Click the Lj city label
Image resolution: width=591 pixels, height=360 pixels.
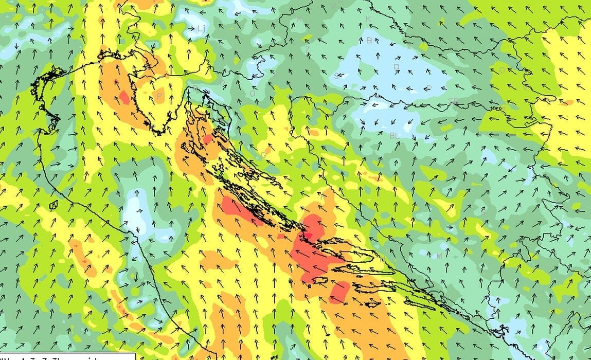[201, 29]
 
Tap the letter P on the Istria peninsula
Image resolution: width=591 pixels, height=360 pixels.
[159, 96]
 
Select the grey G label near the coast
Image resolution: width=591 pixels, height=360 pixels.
[264, 155]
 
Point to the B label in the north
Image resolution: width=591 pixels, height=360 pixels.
[369, 40]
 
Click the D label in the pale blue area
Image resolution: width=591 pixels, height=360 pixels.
[396, 67]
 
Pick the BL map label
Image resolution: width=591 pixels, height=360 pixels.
[395, 135]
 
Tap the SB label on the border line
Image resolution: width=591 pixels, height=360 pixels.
[453, 101]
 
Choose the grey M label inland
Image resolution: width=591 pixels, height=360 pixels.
[439, 256]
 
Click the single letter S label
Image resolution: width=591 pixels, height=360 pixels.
[336, 76]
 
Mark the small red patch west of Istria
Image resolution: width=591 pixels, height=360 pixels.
[124, 97]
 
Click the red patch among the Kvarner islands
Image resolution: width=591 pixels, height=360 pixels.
[207, 139]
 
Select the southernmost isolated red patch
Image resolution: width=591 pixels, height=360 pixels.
[339, 292]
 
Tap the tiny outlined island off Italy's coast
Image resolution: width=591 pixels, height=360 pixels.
[53, 205]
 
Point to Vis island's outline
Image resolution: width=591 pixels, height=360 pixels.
[320, 280]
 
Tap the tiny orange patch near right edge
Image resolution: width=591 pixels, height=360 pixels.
[566, 102]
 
